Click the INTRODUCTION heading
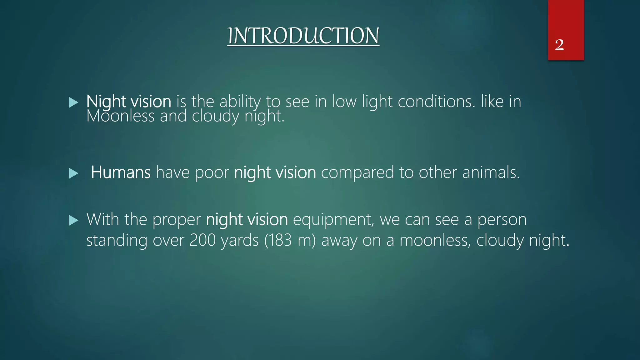click(x=303, y=36)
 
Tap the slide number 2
click(x=559, y=45)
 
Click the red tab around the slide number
click(x=566, y=19)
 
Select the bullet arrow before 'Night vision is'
click(x=73, y=102)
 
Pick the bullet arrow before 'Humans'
click(x=73, y=173)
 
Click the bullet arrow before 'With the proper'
click(x=73, y=220)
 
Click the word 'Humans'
click(x=121, y=172)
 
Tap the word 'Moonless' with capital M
click(x=120, y=116)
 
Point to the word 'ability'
click(x=240, y=102)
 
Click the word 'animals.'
click(x=491, y=172)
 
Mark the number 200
click(x=202, y=240)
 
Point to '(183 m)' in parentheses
click(x=290, y=240)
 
